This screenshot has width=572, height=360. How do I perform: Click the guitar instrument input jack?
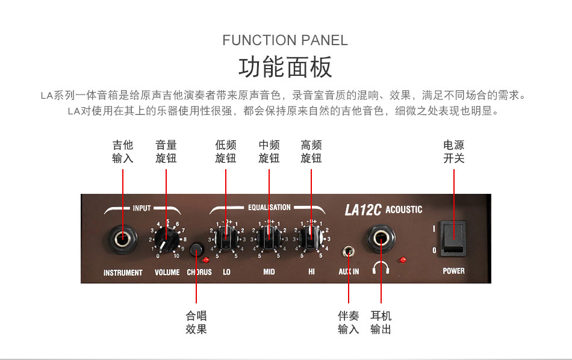(123, 239)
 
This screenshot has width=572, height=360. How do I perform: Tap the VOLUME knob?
(167, 240)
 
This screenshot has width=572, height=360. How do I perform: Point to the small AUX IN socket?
(349, 252)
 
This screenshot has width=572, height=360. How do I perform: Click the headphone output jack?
(381, 239)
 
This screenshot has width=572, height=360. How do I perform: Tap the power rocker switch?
(453, 238)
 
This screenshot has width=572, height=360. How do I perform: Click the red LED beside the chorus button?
(206, 260)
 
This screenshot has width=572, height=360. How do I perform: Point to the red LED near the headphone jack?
(402, 260)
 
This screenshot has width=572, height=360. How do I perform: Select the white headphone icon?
(381, 267)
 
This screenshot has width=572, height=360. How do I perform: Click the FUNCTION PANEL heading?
(285, 40)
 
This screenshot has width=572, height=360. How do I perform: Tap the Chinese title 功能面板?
(285, 67)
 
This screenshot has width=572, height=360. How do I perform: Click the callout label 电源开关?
(453, 152)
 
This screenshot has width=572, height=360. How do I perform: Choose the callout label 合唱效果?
(196, 322)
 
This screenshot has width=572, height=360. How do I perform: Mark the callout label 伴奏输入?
(349, 322)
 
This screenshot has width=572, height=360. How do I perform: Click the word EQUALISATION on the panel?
(269, 208)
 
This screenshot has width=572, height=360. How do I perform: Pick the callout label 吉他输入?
(123, 152)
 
